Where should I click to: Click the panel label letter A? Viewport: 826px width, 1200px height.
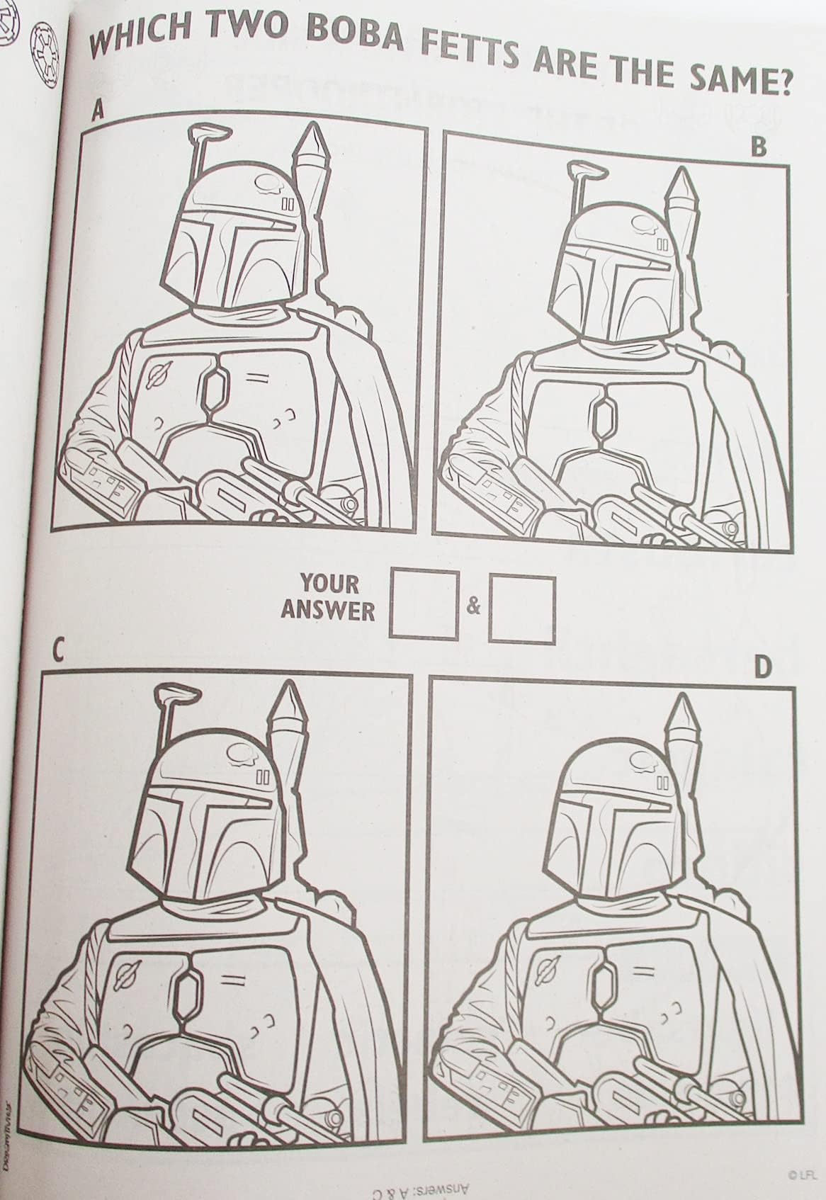tap(97, 110)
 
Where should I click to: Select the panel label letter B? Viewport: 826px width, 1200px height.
tap(759, 147)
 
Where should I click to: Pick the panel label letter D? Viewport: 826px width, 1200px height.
tap(762, 669)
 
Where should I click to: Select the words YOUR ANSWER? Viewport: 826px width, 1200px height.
tap(328, 597)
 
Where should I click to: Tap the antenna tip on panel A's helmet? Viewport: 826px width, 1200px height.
tap(210, 132)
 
